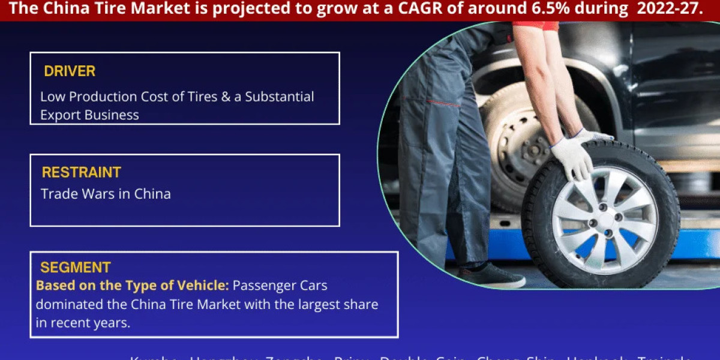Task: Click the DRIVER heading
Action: click(x=70, y=71)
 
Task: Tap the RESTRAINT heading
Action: click(x=81, y=172)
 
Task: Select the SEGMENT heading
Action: click(x=75, y=268)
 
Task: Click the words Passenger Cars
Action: click(x=280, y=285)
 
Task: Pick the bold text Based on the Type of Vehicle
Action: click(x=133, y=285)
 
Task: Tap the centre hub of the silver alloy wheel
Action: click(x=604, y=220)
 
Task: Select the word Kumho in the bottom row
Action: click(x=154, y=358)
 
